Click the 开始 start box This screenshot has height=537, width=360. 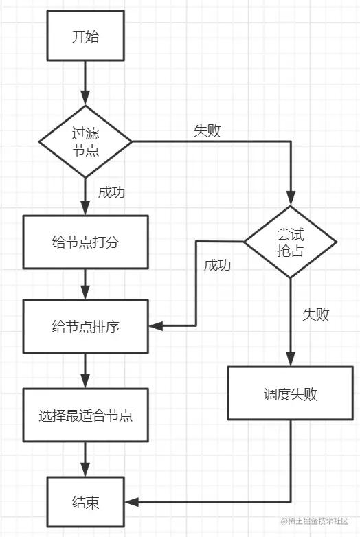[85, 36]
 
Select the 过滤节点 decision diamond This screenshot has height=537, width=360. [85, 141]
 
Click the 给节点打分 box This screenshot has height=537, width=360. [85, 242]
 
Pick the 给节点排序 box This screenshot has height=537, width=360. [85, 326]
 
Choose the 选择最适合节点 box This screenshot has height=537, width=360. [85, 415]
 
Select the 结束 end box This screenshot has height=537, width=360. [85, 502]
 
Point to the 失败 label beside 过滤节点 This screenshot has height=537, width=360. [207, 130]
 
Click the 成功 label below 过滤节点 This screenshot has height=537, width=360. [111, 192]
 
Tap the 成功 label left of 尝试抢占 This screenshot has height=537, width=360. [217, 264]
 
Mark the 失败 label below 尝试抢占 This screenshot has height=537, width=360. [316, 315]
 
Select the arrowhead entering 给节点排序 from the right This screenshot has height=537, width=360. [155, 326]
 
